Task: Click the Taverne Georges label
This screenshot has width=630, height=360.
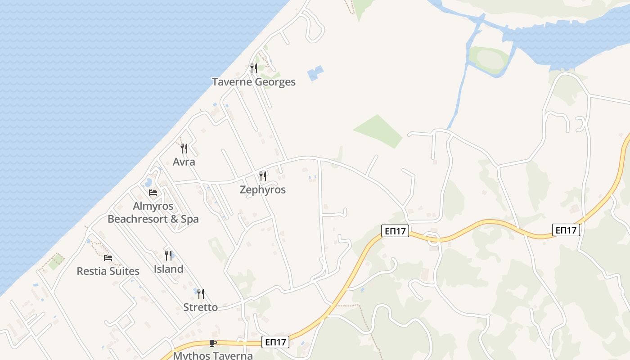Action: click(254, 82)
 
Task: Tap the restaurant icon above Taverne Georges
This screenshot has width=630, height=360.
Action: click(254, 68)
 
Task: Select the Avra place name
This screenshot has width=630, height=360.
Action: click(184, 162)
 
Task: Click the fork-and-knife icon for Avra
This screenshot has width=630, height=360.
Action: click(184, 148)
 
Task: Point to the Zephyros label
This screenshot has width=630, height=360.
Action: click(263, 189)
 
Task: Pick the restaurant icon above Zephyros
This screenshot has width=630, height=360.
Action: click(263, 176)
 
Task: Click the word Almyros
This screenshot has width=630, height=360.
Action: click(153, 206)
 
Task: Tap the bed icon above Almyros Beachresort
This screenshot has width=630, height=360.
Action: click(153, 193)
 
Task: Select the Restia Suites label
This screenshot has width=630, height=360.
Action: click(108, 271)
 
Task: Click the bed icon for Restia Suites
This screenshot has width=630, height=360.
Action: click(108, 258)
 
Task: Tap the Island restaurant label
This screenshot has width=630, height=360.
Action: click(168, 269)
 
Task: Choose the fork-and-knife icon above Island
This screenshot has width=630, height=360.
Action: click(168, 256)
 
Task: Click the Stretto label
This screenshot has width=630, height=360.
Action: click(200, 307)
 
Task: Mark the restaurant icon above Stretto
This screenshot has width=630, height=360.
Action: click(201, 294)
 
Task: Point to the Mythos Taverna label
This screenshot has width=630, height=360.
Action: click(213, 355)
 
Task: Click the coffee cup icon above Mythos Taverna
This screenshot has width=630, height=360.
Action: click(213, 343)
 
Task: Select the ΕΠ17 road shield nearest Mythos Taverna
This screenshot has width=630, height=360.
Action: click(275, 342)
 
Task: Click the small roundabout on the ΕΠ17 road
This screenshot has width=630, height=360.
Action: click(433, 238)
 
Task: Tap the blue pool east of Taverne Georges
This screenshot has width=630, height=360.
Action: click(315, 73)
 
